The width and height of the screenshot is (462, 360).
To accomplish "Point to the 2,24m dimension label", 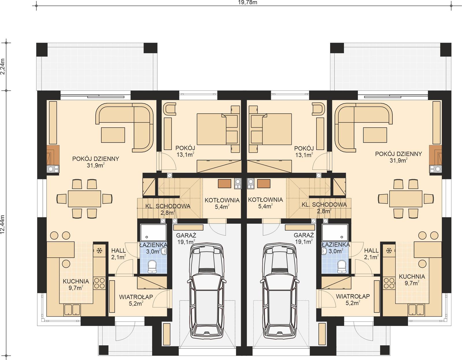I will point(3,67).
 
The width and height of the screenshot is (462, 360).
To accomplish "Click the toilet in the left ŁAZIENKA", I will point(152,266).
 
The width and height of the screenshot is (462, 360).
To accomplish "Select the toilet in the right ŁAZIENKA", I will point(342,266).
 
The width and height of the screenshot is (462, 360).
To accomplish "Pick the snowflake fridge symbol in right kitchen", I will point(389,250).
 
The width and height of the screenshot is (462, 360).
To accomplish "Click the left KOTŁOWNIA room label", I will point(222,200).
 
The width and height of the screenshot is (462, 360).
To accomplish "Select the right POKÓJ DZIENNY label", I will point(398,154).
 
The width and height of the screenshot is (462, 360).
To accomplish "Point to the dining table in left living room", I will point(84,198).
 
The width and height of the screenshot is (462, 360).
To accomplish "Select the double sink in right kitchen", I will point(416,309).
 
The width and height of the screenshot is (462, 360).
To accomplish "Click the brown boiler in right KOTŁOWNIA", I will point(263,183).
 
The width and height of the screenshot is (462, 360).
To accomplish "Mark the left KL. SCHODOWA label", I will point(168,206).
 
